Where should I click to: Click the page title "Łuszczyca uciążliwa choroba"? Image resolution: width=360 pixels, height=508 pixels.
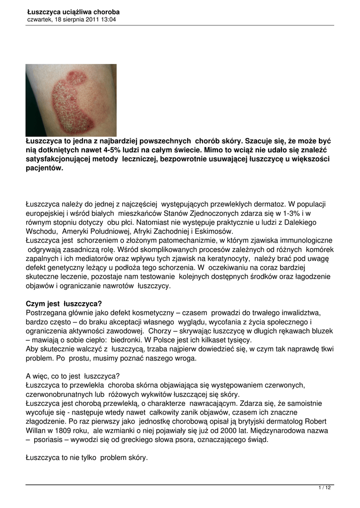pyautogui.click(x=73, y=11)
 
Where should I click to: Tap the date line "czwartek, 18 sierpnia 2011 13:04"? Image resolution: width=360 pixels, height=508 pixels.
pyautogui.click(x=72, y=19)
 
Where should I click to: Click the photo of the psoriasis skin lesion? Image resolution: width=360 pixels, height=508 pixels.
pyautogui.click(x=71, y=100)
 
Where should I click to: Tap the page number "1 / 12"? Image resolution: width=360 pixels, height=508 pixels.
pyautogui.click(x=324, y=488)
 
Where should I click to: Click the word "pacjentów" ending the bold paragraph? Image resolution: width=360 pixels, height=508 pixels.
pyautogui.click(x=45, y=168)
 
